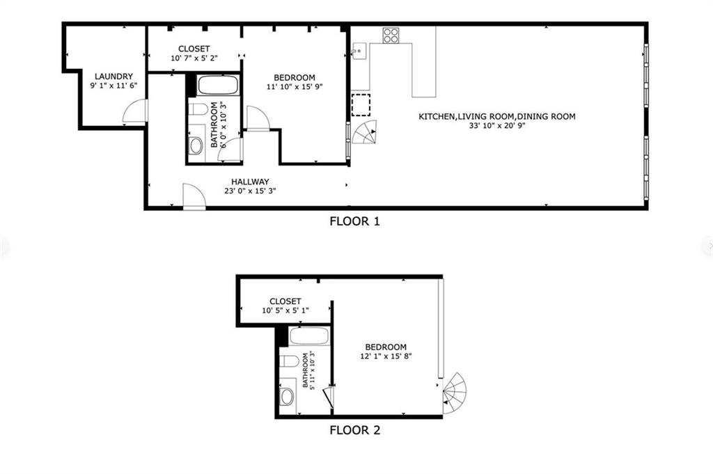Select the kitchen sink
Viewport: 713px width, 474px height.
(x=359, y=51)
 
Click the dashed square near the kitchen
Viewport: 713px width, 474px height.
(x=361, y=104)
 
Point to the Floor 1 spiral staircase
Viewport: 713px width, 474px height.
(x=364, y=132)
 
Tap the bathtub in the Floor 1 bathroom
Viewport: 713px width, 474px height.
(x=219, y=86)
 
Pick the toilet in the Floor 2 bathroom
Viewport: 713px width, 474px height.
(x=289, y=361)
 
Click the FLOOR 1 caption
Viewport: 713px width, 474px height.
(x=354, y=222)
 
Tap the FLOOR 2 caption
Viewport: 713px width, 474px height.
(x=354, y=430)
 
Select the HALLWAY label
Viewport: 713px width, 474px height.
(x=250, y=182)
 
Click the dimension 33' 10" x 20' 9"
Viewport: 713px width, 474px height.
(x=496, y=127)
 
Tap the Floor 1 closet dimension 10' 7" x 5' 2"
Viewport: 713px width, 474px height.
(x=194, y=58)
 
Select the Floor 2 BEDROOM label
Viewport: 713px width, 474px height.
(x=386, y=347)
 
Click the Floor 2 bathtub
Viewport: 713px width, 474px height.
(x=309, y=338)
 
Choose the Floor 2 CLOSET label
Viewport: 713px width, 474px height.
(x=285, y=301)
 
